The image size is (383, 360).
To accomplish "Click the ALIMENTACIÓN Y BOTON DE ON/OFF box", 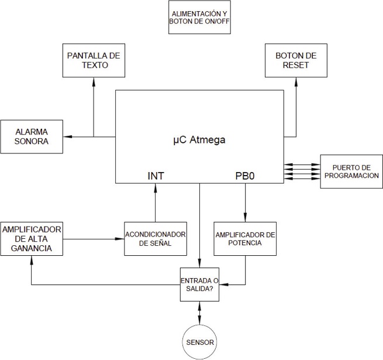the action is tap(199, 17).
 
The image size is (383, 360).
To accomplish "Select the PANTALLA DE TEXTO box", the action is tap(94, 60).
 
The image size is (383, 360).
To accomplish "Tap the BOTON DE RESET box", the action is tap(296, 60).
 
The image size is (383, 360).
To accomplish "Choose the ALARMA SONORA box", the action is tap(32, 137).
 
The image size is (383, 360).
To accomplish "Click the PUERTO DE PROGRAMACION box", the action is tap(351, 172).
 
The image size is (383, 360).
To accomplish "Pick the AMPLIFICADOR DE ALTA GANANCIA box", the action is tap(32, 239).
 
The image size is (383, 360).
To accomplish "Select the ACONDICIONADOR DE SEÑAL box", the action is tap(156, 239).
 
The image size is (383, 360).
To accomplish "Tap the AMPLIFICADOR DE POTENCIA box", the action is tap(245, 239).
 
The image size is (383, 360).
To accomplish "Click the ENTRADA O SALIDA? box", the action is tap(199, 284).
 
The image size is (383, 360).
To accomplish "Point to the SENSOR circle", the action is tap(199, 342).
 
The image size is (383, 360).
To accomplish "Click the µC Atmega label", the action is tap(199, 140).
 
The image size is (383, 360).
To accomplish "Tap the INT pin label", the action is tap(156, 176).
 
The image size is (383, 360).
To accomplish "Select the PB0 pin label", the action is tap(245, 176).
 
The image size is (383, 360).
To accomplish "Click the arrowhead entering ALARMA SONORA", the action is tap(67, 136).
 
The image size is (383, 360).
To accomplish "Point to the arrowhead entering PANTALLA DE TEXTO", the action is tap(94, 82).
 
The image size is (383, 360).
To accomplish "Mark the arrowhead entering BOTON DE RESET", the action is tap(296, 82).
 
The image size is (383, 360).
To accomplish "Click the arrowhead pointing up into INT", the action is tap(156, 188).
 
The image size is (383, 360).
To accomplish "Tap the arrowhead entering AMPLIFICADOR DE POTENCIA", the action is tap(245, 218).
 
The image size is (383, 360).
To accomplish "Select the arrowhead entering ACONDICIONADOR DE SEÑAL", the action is tap(120, 239).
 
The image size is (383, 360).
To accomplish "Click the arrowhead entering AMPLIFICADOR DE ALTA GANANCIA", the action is tap(31, 260).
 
